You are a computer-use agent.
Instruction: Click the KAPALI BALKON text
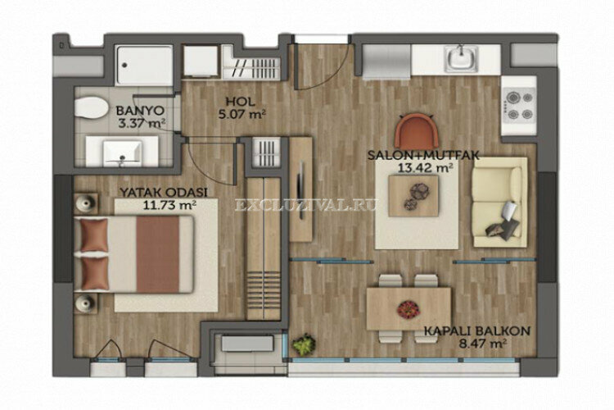click(x=477, y=332)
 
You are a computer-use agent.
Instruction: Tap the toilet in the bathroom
click(x=93, y=109)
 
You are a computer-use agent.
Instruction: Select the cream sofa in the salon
click(x=499, y=203)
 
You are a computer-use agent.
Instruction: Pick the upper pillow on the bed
click(x=95, y=238)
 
